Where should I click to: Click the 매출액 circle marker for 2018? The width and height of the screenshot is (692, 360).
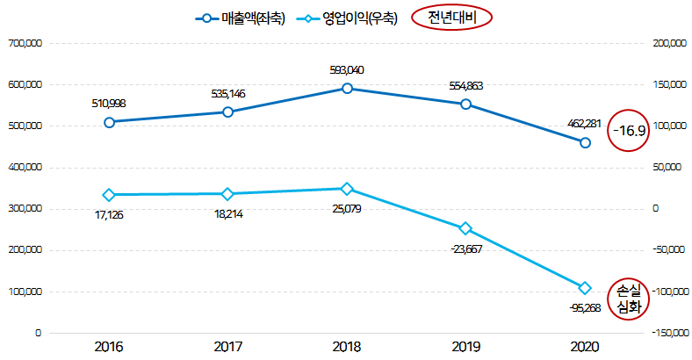click(x=347, y=89)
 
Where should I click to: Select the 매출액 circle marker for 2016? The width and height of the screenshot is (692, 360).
click(x=109, y=122)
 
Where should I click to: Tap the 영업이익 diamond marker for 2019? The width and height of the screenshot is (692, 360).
click(x=465, y=228)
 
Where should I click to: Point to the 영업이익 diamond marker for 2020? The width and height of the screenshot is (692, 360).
click(x=585, y=288)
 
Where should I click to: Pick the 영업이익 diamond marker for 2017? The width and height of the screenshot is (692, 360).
click(x=227, y=194)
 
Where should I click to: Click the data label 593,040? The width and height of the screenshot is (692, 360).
click(x=347, y=69)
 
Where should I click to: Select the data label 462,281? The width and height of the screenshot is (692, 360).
click(x=585, y=123)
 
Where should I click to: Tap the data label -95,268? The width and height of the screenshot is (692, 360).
click(x=585, y=308)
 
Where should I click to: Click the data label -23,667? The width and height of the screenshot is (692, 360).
click(x=466, y=248)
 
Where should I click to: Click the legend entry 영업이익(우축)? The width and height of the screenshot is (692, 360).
click(x=349, y=18)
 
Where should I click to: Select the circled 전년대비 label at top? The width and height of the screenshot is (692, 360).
click(x=451, y=18)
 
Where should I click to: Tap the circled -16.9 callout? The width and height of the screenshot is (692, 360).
click(x=630, y=131)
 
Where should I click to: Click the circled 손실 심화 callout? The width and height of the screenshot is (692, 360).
click(x=630, y=299)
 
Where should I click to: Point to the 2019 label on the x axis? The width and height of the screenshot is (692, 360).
click(x=465, y=348)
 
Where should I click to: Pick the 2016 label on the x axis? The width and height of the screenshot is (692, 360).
click(x=109, y=348)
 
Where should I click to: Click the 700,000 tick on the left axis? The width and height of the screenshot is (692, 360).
click(x=24, y=43)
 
